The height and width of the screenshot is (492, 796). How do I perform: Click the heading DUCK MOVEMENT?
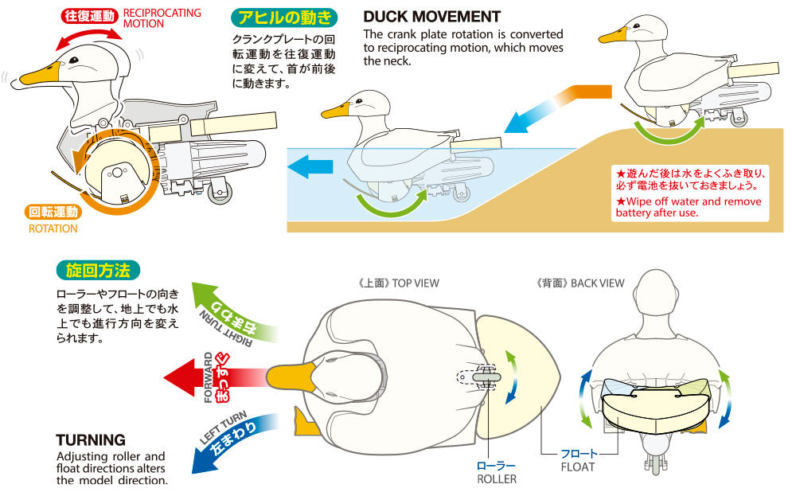tap(431, 17)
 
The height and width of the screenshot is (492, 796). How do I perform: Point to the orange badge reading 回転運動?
tap(54, 212)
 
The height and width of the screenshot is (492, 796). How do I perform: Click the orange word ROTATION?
tap(53, 228)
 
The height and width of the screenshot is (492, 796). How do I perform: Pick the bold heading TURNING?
tap(91, 439)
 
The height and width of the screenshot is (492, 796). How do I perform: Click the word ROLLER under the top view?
tap(497, 478)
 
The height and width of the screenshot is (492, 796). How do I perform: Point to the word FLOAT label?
tap(578, 467)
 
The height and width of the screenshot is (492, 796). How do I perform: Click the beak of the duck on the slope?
tap(613, 36)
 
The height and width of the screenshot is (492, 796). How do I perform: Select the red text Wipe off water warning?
tap(689, 207)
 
